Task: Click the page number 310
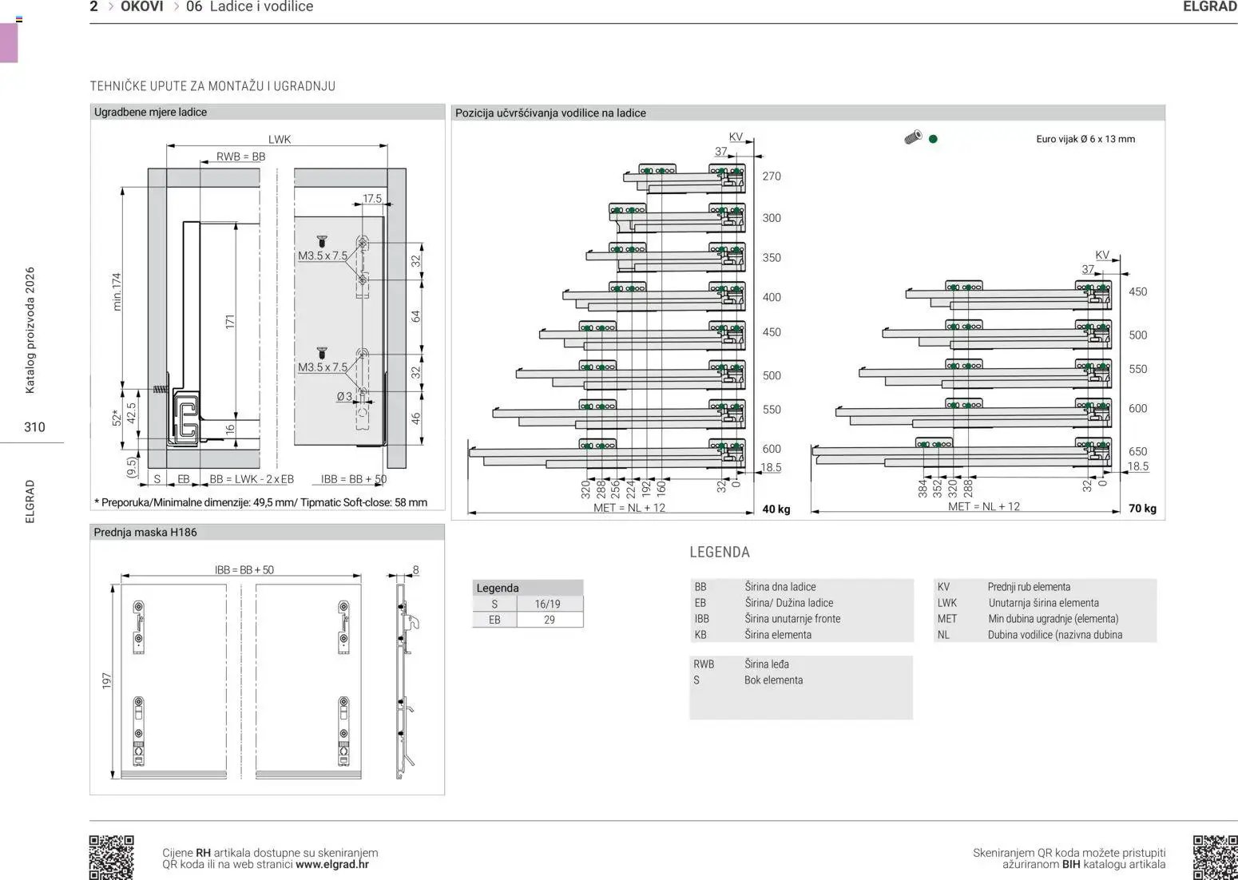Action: tap(34, 427)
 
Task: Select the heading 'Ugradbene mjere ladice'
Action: tap(150, 112)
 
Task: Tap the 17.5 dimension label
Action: tap(372, 198)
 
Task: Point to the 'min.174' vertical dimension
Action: tap(117, 291)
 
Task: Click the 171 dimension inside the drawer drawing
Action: tap(230, 322)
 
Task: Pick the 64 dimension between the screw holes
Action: tap(415, 316)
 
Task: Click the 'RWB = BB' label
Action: tap(241, 157)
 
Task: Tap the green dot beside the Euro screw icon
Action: tap(933, 139)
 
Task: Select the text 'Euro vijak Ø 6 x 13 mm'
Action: tap(1085, 139)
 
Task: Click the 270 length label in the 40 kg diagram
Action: tap(772, 176)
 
